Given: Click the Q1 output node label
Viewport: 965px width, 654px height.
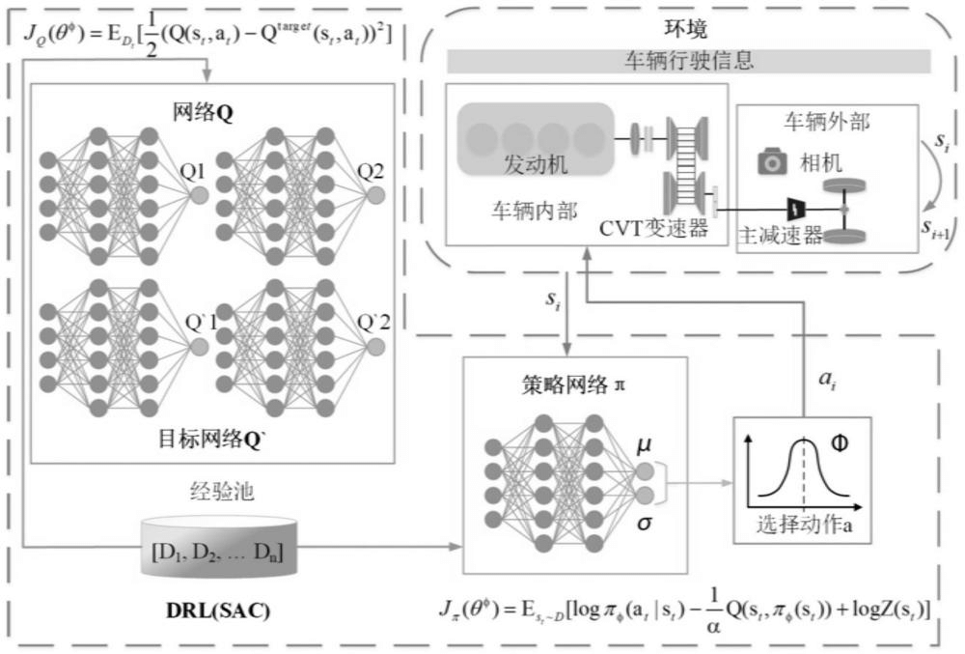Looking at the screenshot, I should click(x=194, y=174).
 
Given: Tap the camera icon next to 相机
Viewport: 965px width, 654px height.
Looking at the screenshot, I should click(x=772, y=162).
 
